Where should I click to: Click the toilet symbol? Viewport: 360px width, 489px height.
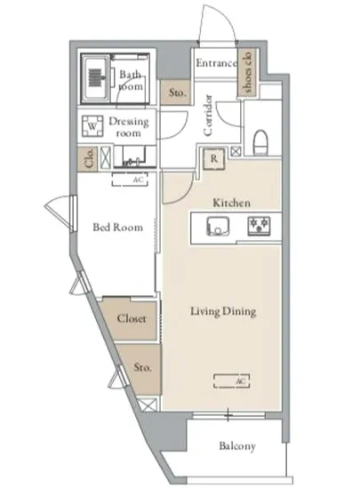click(260, 142)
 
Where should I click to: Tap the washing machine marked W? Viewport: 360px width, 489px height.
click(92, 126)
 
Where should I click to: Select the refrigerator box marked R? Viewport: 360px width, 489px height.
click(214, 159)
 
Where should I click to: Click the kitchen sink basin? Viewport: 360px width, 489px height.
click(218, 226)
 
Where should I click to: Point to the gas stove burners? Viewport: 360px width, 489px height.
click(259, 226)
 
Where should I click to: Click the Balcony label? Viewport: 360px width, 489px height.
click(237, 446)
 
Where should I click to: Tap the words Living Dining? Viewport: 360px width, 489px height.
click(223, 311)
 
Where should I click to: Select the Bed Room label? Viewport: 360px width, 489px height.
click(118, 227)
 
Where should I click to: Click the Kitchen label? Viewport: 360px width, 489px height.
click(231, 203)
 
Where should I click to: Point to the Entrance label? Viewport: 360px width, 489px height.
click(216, 63)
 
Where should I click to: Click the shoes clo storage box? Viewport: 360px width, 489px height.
click(247, 72)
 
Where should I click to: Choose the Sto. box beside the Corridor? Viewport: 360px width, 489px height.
click(176, 92)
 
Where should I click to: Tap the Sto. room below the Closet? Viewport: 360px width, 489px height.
click(142, 369)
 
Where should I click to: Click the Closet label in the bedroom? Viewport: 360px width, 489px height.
click(132, 318)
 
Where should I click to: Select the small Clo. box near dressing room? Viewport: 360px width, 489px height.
click(88, 159)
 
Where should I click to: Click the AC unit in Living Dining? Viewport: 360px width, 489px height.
click(232, 381)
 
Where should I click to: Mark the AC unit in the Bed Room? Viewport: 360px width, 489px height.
click(130, 180)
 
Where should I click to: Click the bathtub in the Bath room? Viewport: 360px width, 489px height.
click(95, 78)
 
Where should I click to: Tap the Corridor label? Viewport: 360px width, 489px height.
click(208, 115)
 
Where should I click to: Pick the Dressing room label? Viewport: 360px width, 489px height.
click(128, 127)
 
